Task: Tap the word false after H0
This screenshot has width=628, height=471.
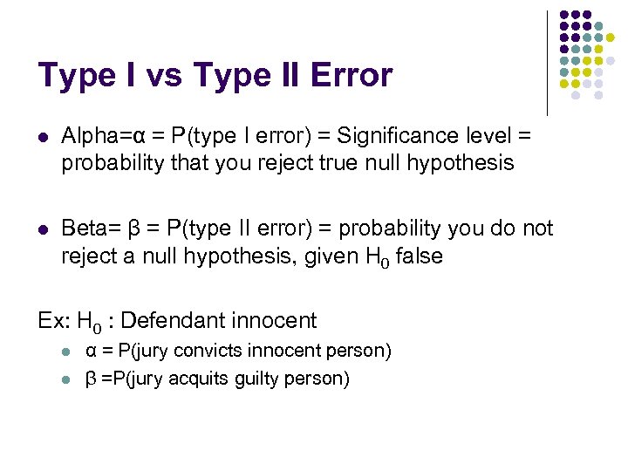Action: [x=420, y=256]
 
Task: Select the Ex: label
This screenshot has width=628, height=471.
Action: [x=54, y=321]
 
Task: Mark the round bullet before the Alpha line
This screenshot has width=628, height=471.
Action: [x=44, y=137]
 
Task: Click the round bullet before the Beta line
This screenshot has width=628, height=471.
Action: [x=44, y=229]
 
